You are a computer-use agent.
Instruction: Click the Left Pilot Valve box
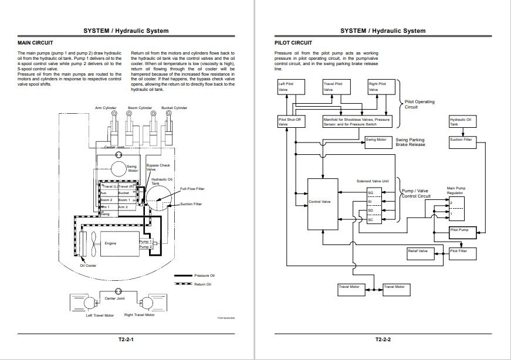tap(289, 87)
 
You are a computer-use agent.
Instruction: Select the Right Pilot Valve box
tap(380, 87)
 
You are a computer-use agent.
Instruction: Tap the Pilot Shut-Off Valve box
tap(289, 121)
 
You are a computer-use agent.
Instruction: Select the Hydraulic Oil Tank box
tap(462, 121)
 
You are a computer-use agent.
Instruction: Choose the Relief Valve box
tap(421, 252)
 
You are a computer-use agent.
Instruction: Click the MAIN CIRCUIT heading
tap(33, 43)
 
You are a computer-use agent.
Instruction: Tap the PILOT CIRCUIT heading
tap(293, 43)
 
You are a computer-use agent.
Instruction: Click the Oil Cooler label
tap(88, 266)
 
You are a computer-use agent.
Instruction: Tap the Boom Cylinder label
tap(140, 108)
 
